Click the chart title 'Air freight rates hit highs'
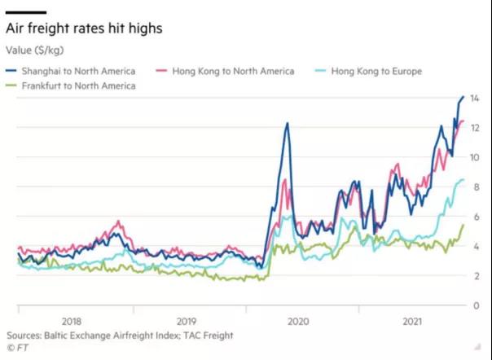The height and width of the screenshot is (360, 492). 85,29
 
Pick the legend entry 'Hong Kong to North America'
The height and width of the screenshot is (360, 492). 232,71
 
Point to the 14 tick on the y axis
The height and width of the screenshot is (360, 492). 475,98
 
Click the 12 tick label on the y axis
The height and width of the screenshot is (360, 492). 475,127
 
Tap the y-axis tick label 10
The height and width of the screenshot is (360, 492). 475,157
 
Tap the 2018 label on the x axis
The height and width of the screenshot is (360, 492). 72,321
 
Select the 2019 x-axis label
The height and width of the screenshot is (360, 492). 186,321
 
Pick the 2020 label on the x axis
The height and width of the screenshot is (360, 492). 301,321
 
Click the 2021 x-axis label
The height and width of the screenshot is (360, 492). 415,321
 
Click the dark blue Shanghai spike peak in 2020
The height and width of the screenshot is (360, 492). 287,123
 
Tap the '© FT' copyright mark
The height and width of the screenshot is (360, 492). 16,347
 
